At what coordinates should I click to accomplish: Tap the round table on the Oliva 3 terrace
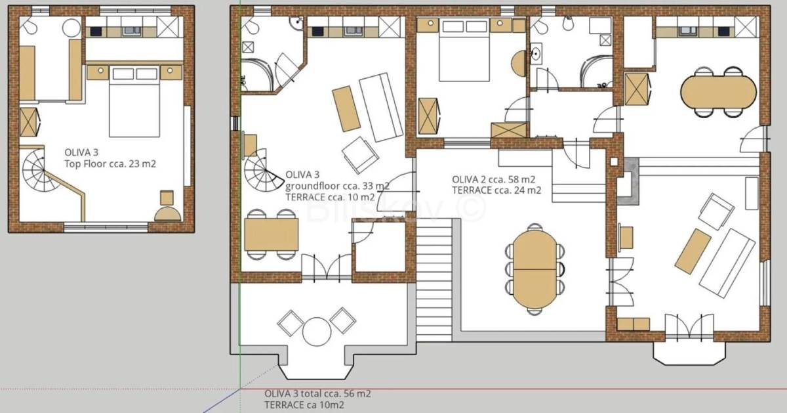click(317, 332)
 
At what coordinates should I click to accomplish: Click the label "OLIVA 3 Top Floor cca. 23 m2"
click(110, 158)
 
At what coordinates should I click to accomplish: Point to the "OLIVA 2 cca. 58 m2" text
click(493, 179)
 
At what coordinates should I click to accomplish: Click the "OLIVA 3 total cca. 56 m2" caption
click(317, 393)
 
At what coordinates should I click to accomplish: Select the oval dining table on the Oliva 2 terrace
click(535, 269)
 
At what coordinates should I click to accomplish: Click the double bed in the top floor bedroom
click(134, 101)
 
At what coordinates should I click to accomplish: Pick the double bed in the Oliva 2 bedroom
click(464, 50)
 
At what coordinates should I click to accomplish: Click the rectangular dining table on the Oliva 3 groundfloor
click(272, 234)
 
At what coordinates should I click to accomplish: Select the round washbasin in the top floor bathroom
click(71, 28)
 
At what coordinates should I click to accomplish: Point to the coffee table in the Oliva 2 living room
click(693, 251)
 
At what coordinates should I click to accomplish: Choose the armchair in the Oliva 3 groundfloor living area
click(360, 155)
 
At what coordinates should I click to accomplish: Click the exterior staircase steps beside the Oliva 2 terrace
click(434, 280)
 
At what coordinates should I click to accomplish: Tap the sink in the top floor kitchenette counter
click(131, 31)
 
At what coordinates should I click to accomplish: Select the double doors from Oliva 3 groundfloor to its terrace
click(327, 267)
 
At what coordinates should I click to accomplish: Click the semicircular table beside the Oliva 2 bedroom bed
click(519, 64)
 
